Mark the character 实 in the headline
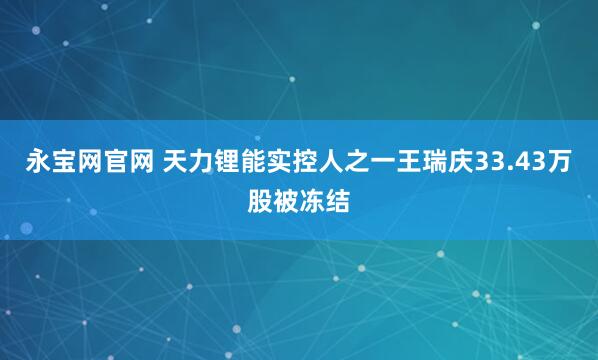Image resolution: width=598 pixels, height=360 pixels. point(270,161)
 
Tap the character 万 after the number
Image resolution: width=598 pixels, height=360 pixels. point(562,161)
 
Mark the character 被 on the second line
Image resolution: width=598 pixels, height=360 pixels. point(286,199)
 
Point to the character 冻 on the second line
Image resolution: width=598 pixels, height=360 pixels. point(312,199)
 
